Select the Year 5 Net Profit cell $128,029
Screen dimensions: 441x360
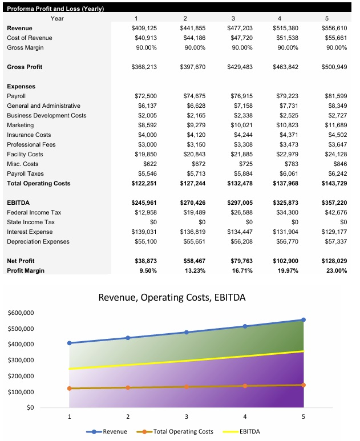[333, 261]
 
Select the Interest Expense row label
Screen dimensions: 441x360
[30, 232]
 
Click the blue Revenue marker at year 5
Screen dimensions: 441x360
[303, 319]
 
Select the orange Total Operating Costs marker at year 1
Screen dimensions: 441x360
[70, 389]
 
